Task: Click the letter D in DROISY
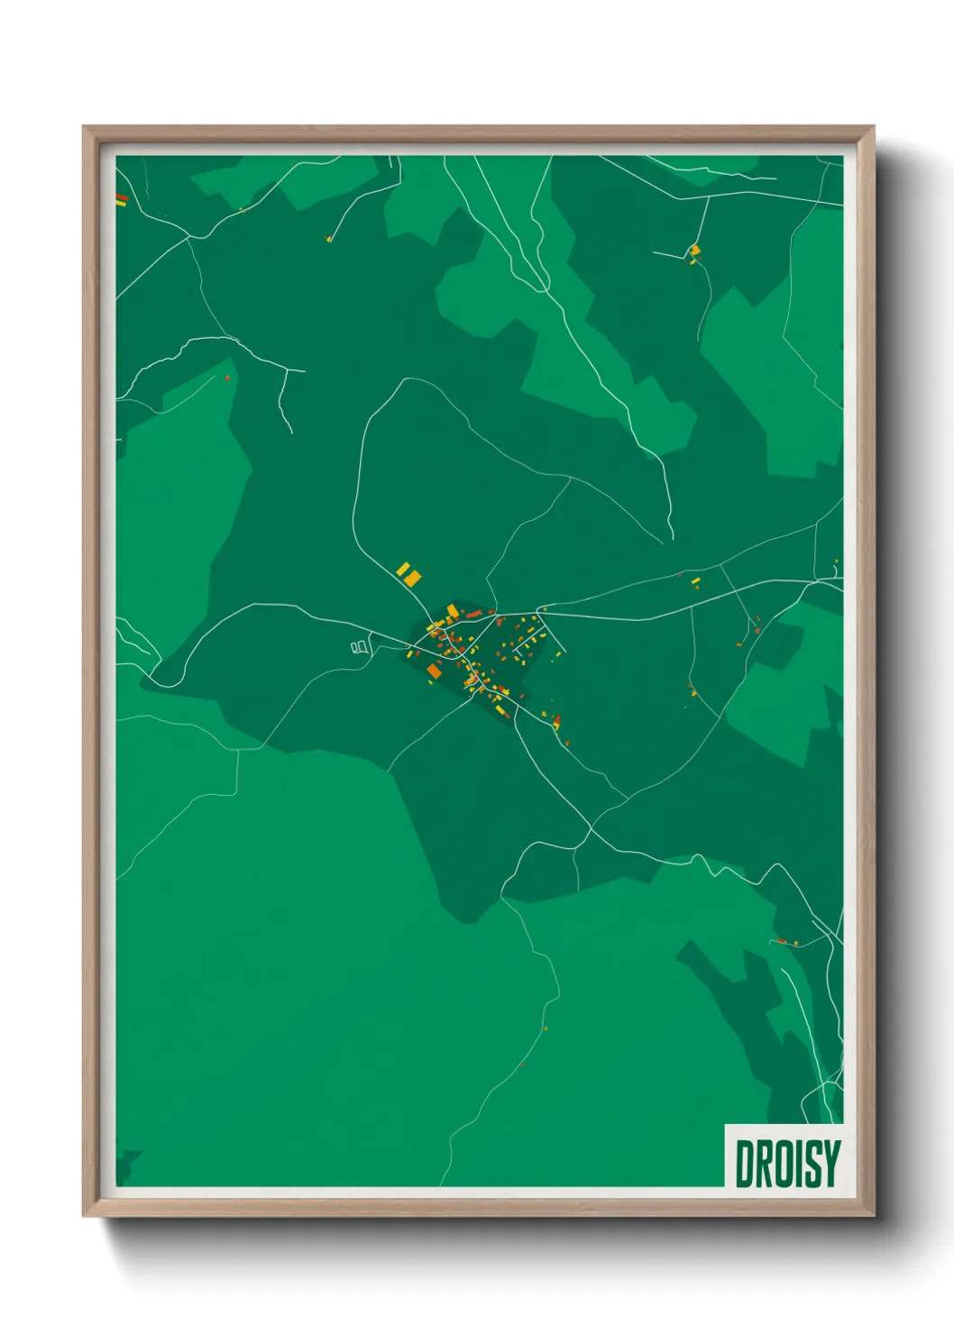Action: coord(745,1164)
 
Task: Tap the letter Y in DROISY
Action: coord(830,1164)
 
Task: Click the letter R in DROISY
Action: coord(762,1164)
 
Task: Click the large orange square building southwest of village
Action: coord(434,672)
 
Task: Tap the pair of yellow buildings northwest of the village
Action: coord(408,573)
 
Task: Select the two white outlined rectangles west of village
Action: coord(360,646)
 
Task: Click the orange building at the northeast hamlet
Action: coord(694,251)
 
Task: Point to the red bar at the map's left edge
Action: coord(122,198)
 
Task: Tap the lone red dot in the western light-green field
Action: coord(227,378)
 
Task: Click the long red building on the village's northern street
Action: coord(473,614)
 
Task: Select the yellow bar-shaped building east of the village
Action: coord(695,582)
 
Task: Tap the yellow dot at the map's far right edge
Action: coord(836,562)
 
